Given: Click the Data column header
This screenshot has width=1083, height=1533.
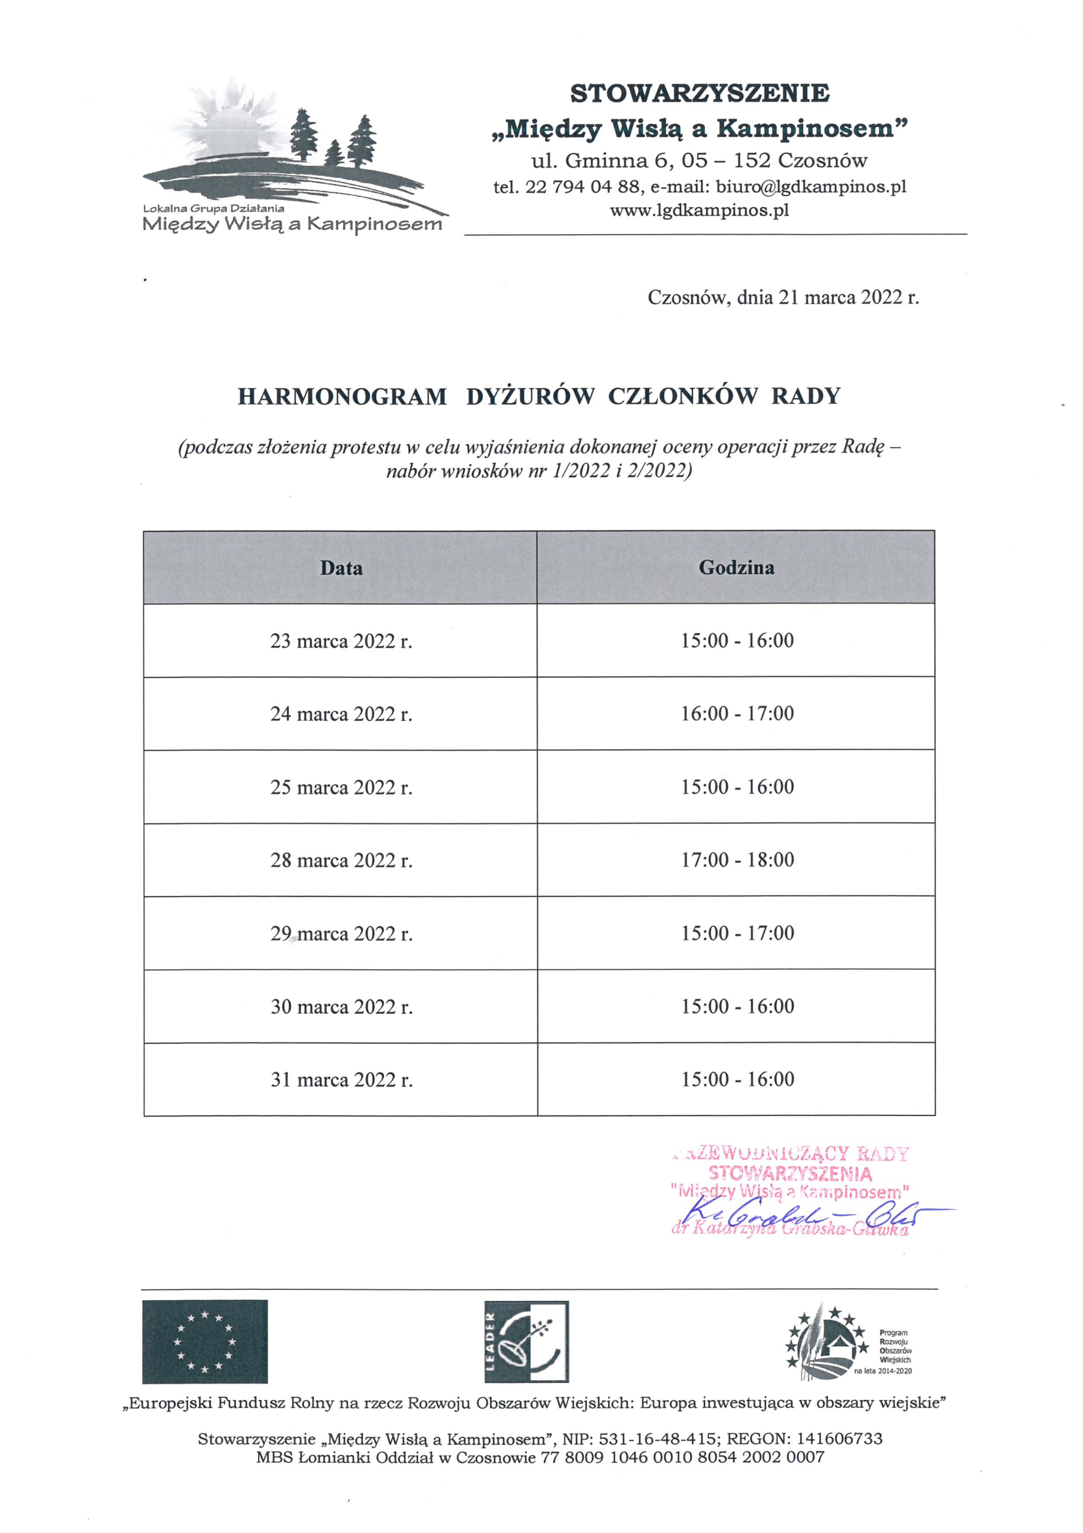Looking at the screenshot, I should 341,568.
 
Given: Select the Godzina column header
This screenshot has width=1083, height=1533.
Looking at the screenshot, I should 736,568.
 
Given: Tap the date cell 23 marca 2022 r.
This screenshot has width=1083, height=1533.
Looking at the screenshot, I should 341,641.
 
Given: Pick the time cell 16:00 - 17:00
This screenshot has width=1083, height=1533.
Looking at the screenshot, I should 736,714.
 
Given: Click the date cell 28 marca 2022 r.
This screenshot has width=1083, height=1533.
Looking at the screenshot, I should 341,860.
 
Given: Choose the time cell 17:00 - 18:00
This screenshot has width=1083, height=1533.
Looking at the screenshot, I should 736,859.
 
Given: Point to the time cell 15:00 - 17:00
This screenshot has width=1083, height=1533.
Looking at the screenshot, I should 736,933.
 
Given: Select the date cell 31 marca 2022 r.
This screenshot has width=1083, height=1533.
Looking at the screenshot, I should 341,1079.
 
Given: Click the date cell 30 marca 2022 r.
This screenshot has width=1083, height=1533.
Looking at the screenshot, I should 341,1006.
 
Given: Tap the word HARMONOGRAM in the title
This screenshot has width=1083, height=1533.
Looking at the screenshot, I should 341,397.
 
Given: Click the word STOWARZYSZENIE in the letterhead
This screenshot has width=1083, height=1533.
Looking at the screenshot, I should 699,94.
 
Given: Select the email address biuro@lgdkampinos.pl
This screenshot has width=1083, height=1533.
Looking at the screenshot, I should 810,187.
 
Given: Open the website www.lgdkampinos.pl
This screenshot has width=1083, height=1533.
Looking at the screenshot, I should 698,210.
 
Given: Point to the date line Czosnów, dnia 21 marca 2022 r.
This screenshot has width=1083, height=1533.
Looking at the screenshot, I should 783,298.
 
